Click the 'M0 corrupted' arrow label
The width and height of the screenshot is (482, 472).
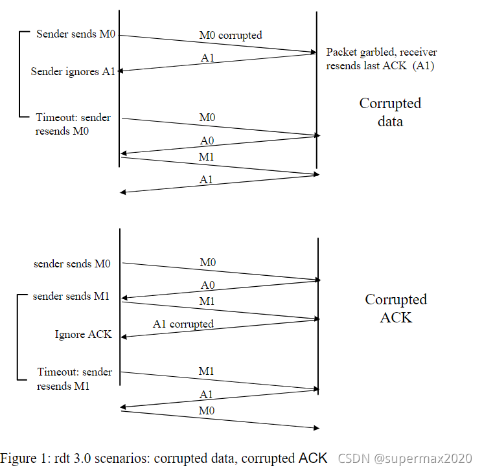tap(231, 35)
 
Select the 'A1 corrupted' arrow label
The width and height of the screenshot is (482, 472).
tap(183, 324)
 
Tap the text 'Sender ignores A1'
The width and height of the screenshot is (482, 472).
tap(73, 71)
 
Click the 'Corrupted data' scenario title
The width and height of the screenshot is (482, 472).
tap(390, 112)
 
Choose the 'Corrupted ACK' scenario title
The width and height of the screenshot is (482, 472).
tap(395, 308)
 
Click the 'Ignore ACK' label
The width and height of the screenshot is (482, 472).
tap(83, 334)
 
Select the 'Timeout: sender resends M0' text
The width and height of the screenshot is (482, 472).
tap(72, 124)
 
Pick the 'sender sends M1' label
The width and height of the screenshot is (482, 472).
tap(71, 296)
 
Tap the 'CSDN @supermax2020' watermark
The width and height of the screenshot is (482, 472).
tap(405, 458)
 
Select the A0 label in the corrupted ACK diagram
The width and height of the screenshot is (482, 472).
tap(207, 284)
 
